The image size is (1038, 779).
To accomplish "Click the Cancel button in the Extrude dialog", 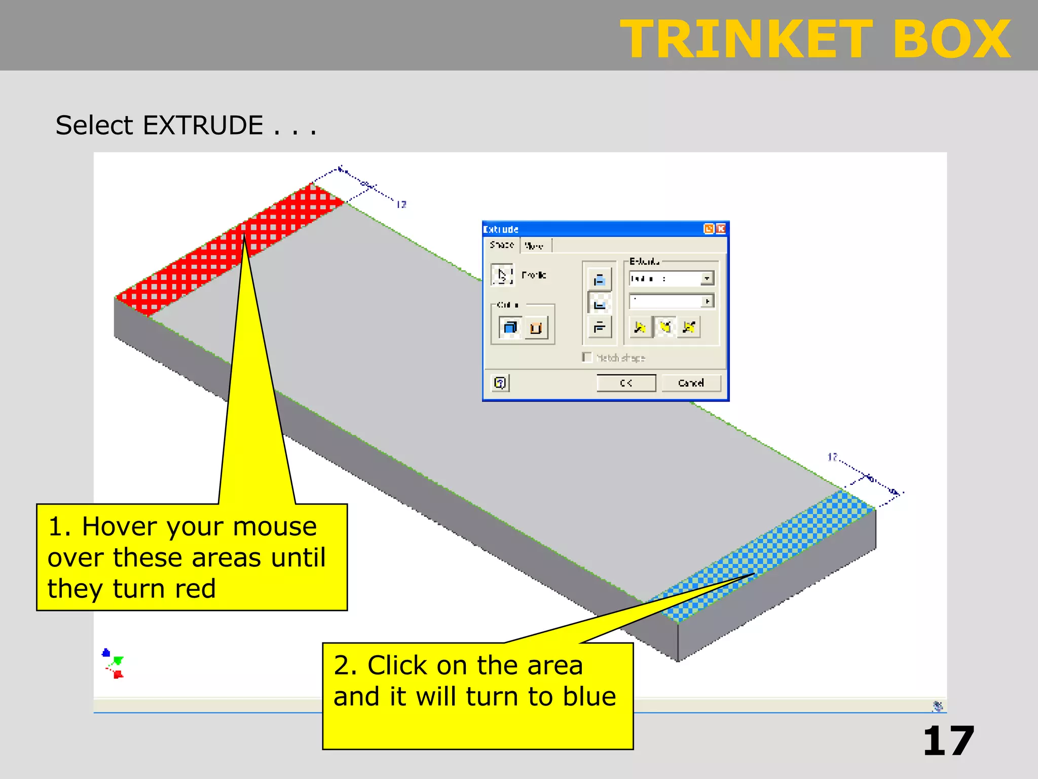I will point(691,383).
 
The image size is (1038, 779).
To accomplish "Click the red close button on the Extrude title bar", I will point(721,229).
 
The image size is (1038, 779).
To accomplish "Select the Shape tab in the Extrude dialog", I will point(502,245).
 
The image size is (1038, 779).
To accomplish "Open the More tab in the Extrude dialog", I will point(534,246).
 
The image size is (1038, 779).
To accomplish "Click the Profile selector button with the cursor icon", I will point(502,275).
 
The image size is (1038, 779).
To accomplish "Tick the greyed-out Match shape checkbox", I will point(587,358).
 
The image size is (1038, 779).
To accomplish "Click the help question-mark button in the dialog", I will point(500,383).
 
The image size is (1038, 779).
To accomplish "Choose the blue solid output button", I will point(510,328).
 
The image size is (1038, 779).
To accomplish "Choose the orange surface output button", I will point(536,328).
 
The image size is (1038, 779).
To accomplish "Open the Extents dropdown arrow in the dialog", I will point(707,278).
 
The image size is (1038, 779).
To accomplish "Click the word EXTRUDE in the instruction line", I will point(203,125).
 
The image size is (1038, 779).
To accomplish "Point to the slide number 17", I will point(948,741).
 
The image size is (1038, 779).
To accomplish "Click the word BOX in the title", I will point(951,39).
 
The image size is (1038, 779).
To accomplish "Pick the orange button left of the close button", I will point(709,229).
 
